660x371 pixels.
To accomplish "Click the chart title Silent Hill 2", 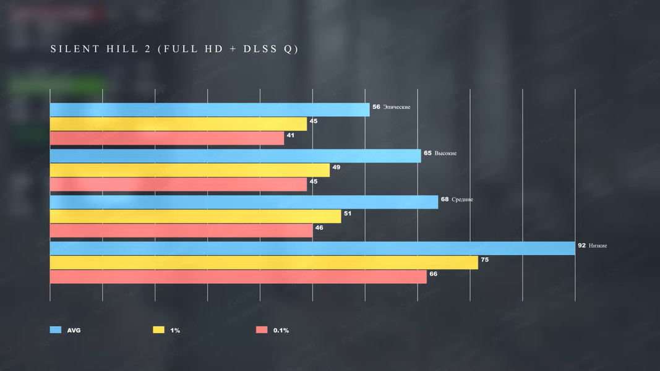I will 174,49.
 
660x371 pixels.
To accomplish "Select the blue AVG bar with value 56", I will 210,109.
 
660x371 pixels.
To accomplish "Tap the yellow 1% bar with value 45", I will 178,124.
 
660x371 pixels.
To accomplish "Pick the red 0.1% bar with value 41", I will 166,138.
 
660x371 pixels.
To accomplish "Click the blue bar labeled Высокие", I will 235,156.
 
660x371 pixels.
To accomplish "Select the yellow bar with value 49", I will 189,170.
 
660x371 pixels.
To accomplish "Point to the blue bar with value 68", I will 244,202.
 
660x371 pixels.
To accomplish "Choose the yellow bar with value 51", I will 195,216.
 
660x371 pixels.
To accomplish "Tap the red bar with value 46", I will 181,231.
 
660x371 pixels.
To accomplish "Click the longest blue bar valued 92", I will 312,248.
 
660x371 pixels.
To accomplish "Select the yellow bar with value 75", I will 264,263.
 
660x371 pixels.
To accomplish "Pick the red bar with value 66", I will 238,276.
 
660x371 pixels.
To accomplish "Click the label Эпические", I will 396,107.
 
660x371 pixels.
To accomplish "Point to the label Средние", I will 462,200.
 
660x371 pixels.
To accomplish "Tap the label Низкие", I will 598,245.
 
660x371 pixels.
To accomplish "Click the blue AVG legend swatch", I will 55,330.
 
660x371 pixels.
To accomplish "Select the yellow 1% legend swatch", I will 158,330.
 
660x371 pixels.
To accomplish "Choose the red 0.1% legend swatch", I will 262,330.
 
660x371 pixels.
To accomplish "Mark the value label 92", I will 581,245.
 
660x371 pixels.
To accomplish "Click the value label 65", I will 427,153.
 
